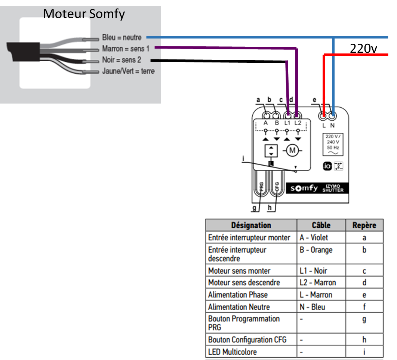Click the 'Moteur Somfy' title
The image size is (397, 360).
pyautogui.click(x=84, y=14)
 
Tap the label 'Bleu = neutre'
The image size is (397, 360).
pyautogui.click(x=122, y=37)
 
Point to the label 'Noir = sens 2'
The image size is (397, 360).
pyautogui.click(x=121, y=60)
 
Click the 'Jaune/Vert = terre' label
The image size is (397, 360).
pyautogui.click(x=128, y=71)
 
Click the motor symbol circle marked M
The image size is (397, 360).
pyautogui.click(x=292, y=150)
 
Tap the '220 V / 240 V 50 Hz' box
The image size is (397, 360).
pyautogui.click(x=332, y=144)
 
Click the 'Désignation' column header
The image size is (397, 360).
pyautogui.click(x=251, y=225)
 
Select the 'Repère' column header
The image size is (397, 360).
pyautogui.click(x=364, y=225)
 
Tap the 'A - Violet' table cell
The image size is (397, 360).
pyautogui.click(x=314, y=238)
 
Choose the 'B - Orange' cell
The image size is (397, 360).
pyautogui.click(x=316, y=250)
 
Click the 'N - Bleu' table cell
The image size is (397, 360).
pyautogui.click(x=312, y=307)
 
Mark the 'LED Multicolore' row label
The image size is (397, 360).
pyautogui.click(x=233, y=352)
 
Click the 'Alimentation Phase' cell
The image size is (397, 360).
pyautogui.click(x=238, y=295)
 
